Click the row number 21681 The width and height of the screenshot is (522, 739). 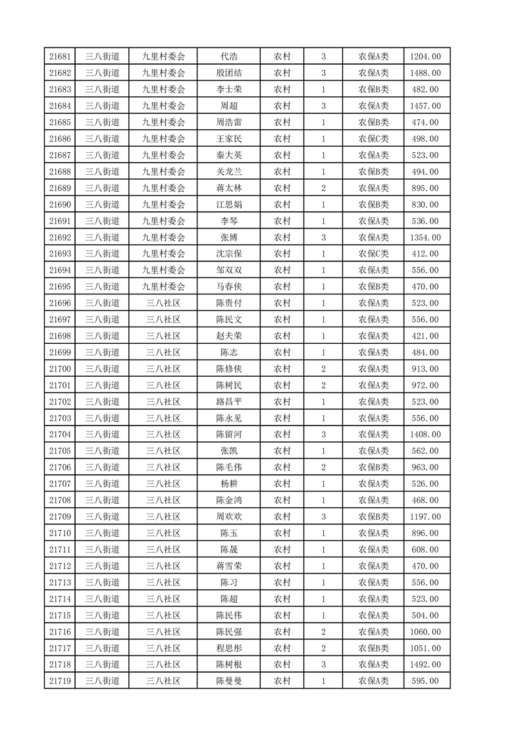click(60, 57)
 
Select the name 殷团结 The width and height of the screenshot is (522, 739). click(228, 73)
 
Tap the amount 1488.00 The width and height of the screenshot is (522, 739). click(425, 73)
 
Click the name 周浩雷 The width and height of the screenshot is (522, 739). click(228, 123)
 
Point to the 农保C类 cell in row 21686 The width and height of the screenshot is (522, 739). click(373, 139)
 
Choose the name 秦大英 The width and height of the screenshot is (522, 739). click(228, 155)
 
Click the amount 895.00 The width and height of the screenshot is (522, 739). click(425, 188)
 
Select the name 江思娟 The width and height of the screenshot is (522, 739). click(228, 205)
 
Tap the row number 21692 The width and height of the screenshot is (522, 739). click(60, 237)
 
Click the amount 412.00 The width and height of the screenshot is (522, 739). click(425, 254)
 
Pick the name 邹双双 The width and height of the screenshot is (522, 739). click(228, 270)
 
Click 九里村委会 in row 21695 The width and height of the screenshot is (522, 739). click(163, 287)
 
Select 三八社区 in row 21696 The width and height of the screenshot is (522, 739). click(163, 303)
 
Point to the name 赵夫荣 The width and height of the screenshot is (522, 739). click(228, 336)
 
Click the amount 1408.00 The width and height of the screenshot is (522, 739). click(425, 434)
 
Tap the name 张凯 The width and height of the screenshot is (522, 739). click(228, 451)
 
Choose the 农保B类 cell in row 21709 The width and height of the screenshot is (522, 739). click(373, 516)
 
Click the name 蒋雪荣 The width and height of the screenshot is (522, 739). click(228, 566)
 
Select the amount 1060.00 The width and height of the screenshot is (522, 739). click(425, 632)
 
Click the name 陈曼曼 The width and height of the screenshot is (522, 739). click(228, 681)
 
